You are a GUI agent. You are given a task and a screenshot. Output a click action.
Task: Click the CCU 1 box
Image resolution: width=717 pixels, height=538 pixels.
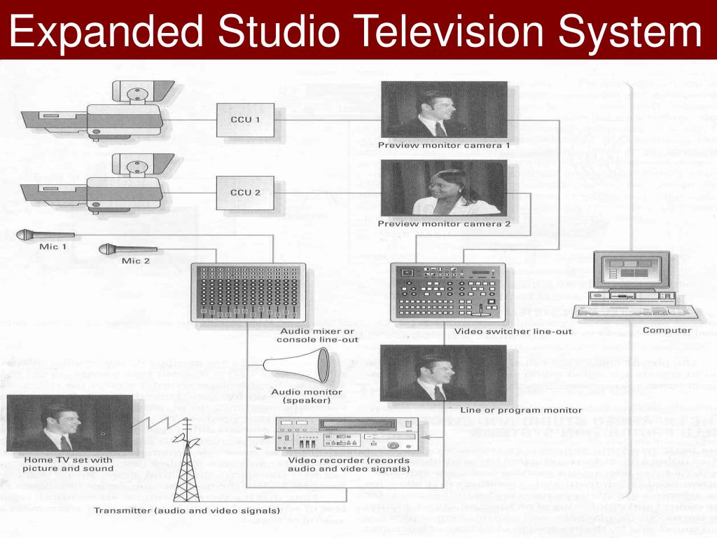tap(244, 120)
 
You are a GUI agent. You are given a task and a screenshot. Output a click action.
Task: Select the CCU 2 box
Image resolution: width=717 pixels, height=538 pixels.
tap(244, 192)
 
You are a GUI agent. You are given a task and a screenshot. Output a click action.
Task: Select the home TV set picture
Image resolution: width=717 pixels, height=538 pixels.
tap(69, 424)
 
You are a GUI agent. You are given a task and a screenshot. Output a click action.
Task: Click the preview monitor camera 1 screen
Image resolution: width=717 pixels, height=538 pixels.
tap(444, 109)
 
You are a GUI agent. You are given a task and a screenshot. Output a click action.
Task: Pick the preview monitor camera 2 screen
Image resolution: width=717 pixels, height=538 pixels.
tap(444, 188)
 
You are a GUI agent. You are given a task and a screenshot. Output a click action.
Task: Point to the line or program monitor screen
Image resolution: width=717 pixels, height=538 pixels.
tap(444, 373)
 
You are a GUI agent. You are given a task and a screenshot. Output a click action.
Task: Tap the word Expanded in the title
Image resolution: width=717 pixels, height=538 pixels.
tap(105, 32)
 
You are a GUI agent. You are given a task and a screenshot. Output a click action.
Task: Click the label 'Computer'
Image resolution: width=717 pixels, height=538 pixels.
tap(667, 331)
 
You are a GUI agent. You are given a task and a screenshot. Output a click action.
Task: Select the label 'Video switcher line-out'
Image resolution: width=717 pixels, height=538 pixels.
tap(513, 331)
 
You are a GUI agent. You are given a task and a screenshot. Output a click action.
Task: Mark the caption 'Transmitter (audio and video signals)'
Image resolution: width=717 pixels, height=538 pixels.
tap(186, 510)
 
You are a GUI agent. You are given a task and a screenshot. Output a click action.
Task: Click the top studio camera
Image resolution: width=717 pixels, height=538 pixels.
tap(98, 112)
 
